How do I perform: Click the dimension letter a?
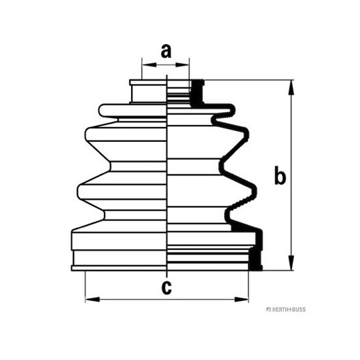click(166, 51)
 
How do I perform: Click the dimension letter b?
click(280, 177)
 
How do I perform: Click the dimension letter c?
click(166, 287)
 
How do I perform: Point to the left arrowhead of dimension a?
click(149, 65)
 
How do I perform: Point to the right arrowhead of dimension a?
click(182, 65)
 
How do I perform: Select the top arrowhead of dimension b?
click(291, 87)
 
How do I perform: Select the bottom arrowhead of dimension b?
click(291, 263)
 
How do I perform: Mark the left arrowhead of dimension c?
click(92, 300)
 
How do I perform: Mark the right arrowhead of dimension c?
click(241, 300)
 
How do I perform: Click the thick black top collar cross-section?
click(197, 93)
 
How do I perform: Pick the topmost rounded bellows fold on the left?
click(132, 111)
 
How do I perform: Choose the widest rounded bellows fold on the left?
click(122, 192)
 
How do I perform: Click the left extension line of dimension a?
click(142, 69)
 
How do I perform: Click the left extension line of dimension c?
click(85, 287)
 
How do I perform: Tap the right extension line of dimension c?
click(249, 287)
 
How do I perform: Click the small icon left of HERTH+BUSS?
click(268, 310)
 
